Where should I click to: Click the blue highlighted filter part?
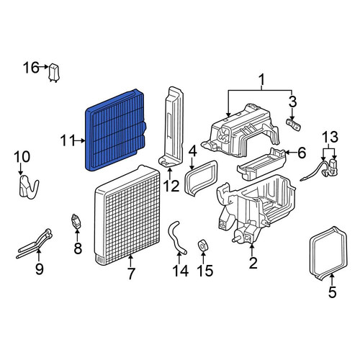115,130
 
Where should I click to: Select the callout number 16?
31,68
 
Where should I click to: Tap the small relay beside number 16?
54,73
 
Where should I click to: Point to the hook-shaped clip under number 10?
28,186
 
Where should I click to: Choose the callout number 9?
40,269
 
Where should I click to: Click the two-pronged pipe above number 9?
35,243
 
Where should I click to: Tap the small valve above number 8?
76,221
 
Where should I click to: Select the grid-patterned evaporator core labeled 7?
127,215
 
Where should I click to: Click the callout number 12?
171,186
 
